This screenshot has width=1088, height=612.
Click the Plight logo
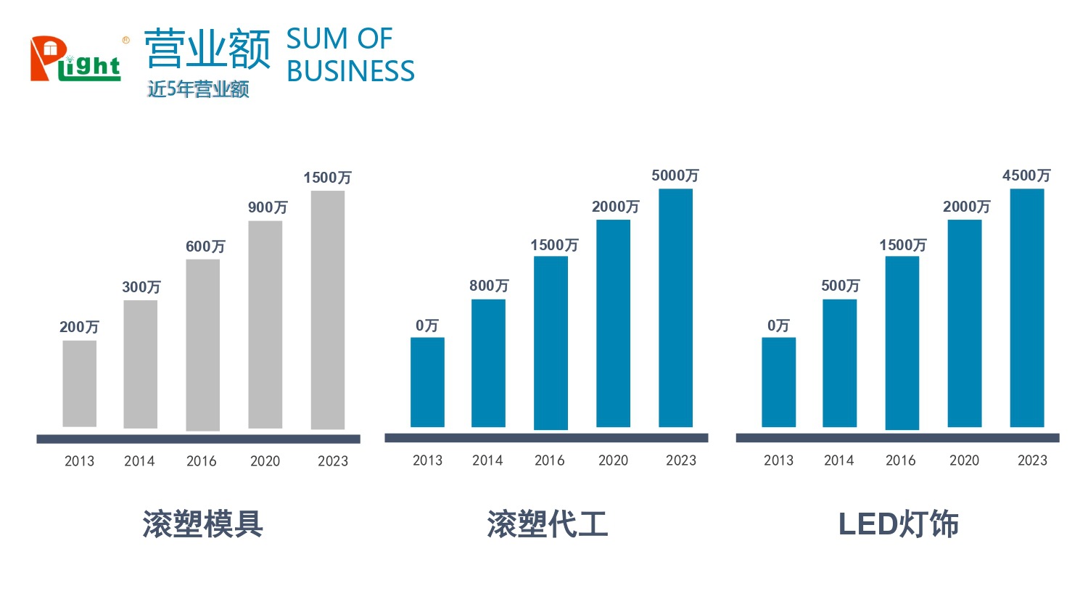click(75, 59)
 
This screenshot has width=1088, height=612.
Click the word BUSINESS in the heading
click(350, 71)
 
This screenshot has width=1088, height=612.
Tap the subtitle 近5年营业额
click(198, 89)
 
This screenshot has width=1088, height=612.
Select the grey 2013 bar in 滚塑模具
click(80, 384)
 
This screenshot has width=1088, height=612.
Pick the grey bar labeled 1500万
click(328, 310)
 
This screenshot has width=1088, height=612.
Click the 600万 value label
click(205, 247)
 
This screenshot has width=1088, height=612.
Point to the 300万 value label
click(141, 287)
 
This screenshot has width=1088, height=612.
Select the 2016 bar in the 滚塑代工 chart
click(551, 343)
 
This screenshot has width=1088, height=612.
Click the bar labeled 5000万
click(676, 307)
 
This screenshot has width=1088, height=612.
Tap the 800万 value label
click(489, 286)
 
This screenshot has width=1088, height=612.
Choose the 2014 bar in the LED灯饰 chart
click(840, 363)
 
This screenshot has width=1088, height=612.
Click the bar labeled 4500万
click(1027, 307)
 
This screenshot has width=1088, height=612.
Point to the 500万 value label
click(841, 286)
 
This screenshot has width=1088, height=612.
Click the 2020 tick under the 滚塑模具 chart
click(265, 461)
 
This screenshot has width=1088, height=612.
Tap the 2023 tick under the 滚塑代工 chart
click(681, 460)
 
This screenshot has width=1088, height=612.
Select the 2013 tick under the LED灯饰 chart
click(778, 460)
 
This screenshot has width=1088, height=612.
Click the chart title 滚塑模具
click(202, 524)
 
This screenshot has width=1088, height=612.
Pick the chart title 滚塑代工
click(548, 524)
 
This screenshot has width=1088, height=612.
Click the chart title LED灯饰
click(898, 524)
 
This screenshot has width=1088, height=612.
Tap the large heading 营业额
click(207, 49)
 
